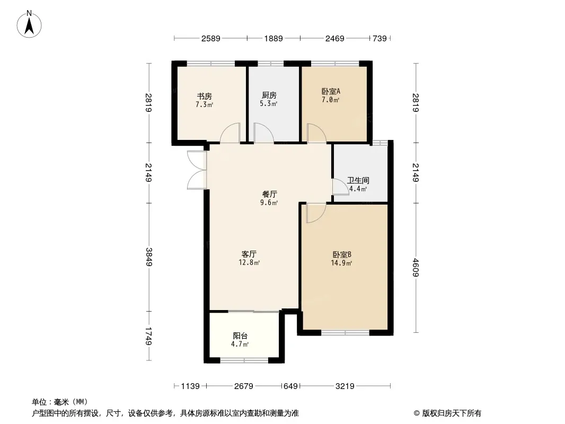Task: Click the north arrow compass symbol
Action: tap(29, 24)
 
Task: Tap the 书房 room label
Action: tap(204, 96)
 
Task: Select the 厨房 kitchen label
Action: tap(269, 95)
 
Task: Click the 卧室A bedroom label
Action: tap(331, 92)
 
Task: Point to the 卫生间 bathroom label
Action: tap(358, 181)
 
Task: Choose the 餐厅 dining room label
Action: tap(270, 195)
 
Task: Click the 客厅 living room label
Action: tap(249, 254)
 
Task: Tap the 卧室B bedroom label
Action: tap(341, 255)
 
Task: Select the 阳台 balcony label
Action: tap(240, 336)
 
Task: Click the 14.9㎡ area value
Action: tap(341, 263)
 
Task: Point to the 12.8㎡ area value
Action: tap(249, 262)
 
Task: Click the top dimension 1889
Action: tap(273, 39)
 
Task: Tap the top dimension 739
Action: tap(380, 39)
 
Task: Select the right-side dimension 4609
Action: tap(416, 268)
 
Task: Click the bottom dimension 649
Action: tap(291, 386)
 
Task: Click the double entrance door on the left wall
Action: tap(197, 170)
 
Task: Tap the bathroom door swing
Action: tap(340, 187)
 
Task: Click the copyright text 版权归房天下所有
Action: tap(452, 413)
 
